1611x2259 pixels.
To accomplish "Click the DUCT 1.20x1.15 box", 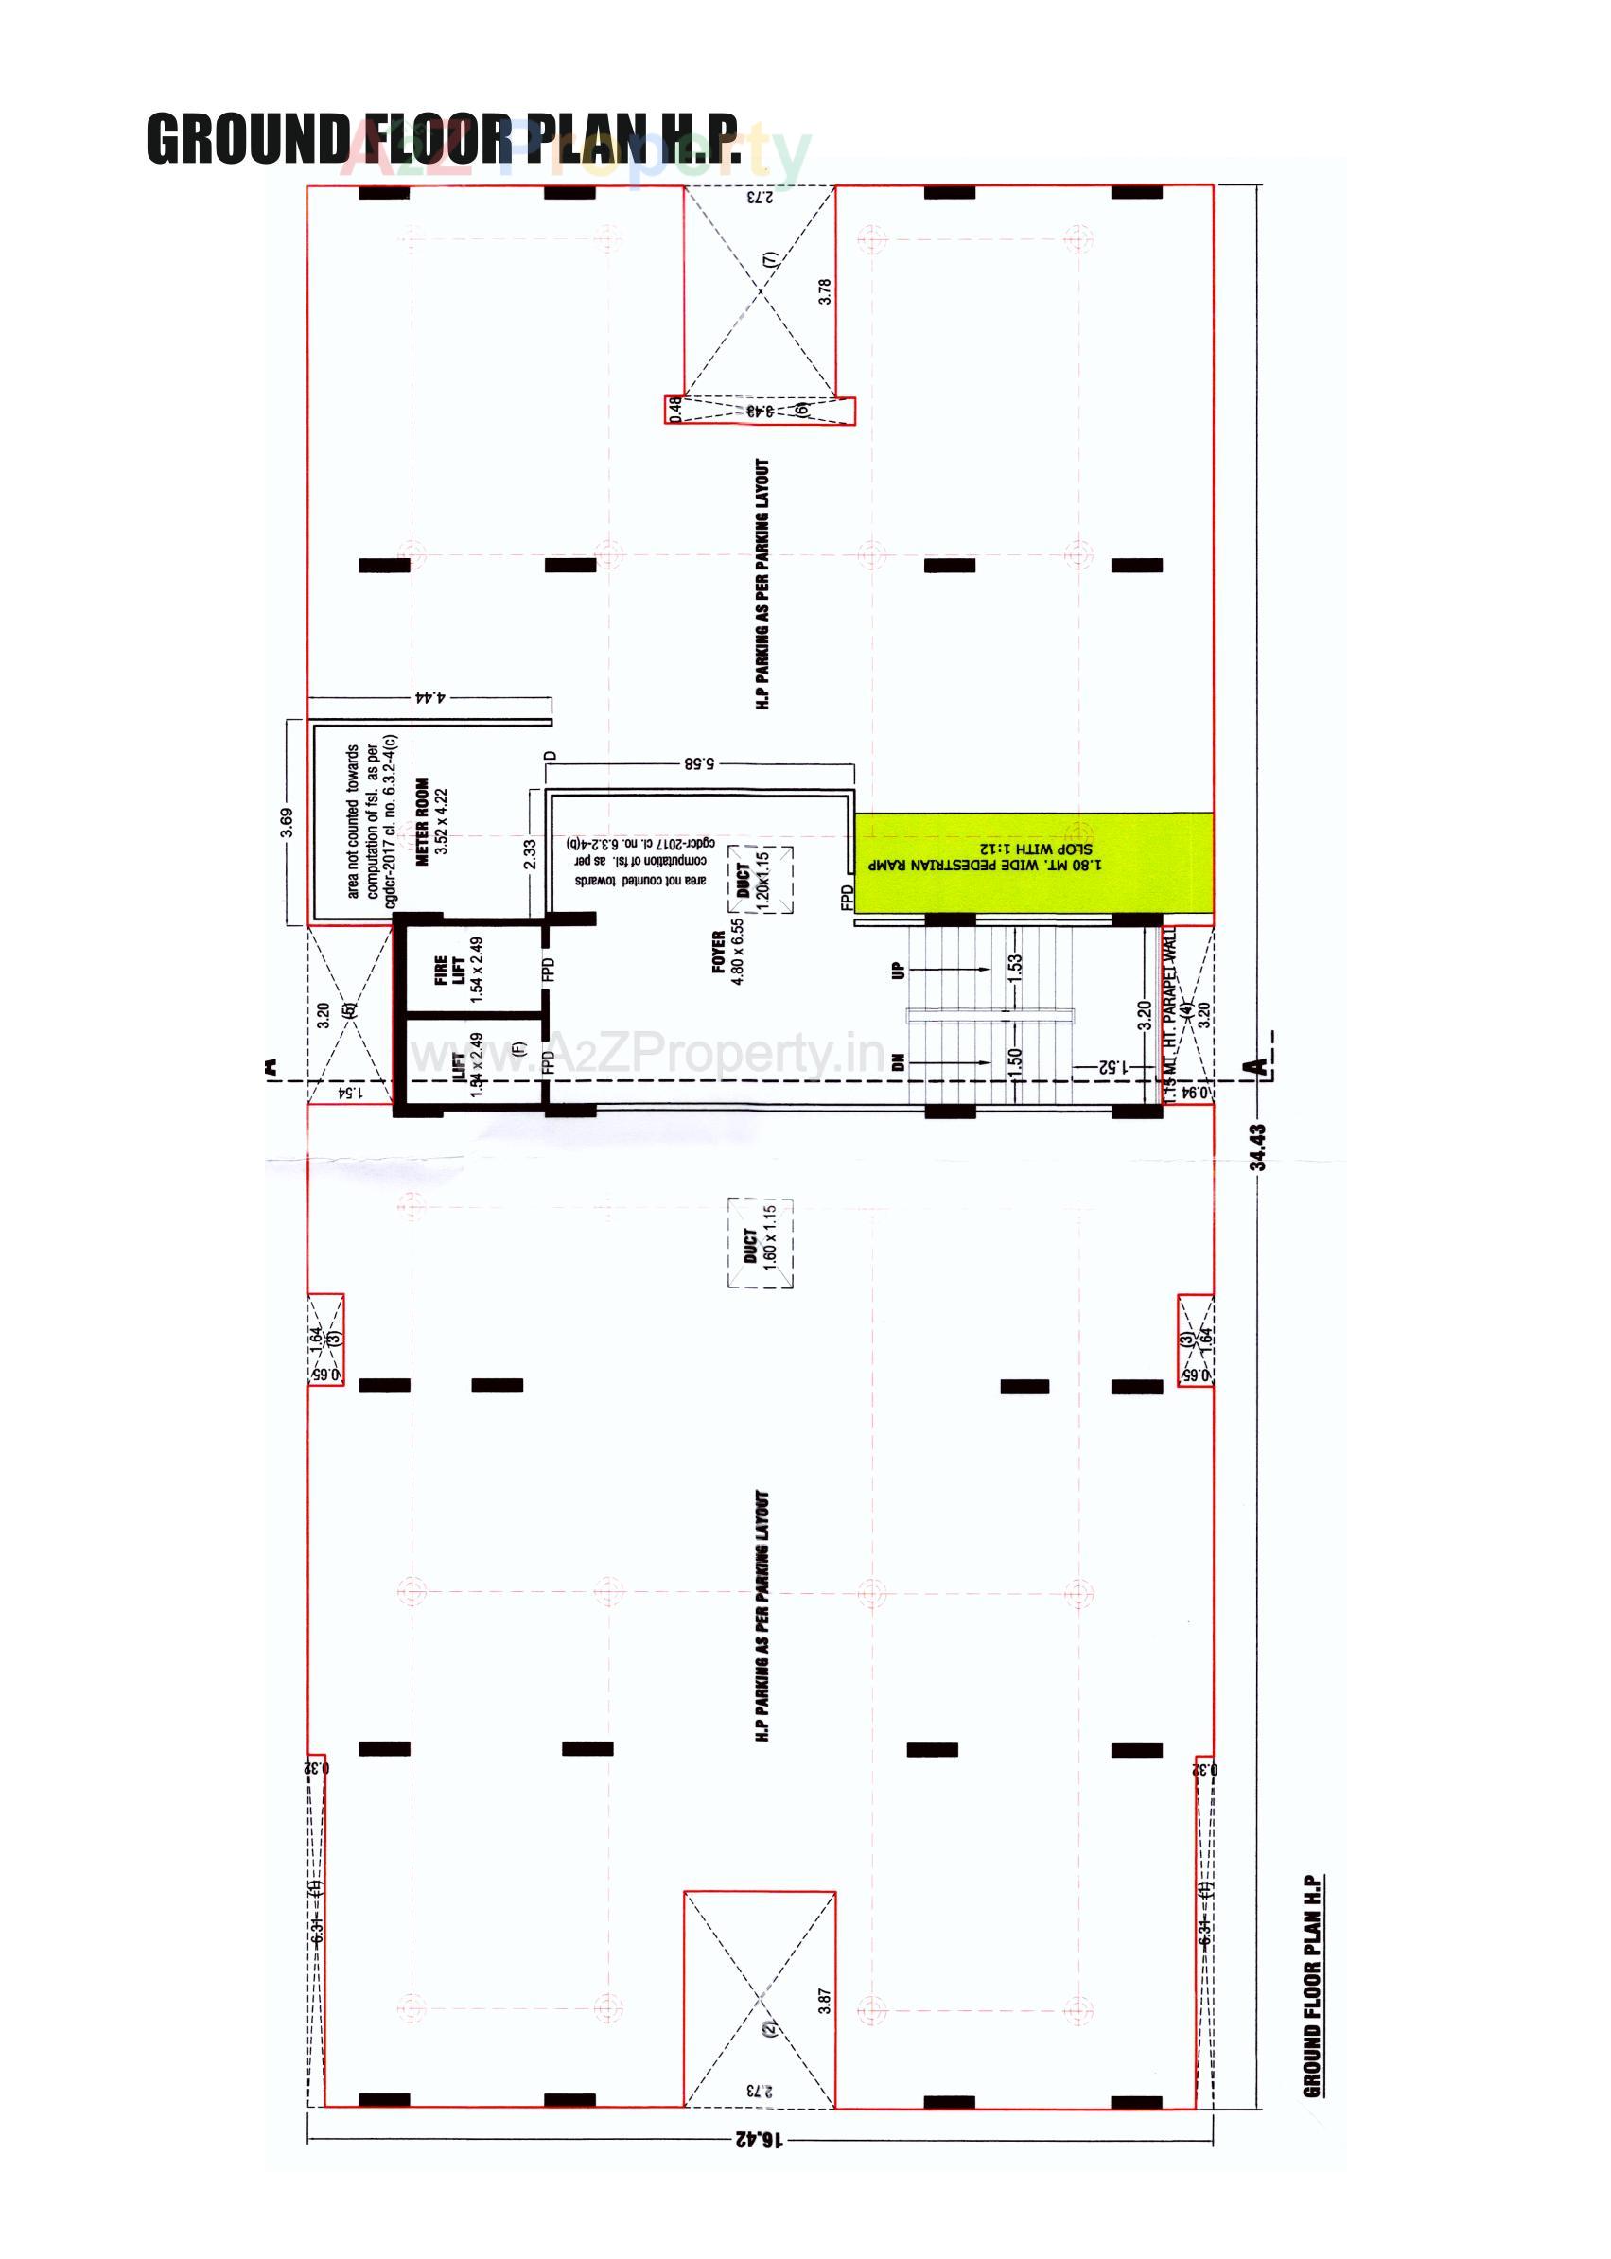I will [x=761, y=879].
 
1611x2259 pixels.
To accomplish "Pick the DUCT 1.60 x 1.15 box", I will [x=761, y=1244].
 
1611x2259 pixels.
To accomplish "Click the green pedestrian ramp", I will [x=1034, y=862].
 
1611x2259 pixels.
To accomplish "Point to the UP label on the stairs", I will [x=899, y=970].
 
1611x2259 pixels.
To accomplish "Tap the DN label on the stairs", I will [x=899, y=1062].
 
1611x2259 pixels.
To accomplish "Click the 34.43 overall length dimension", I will [x=1258, y=1147].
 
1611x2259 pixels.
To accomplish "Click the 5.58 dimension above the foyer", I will [x=699, y=764].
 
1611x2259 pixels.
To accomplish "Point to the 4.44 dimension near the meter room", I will [x=429, y=697].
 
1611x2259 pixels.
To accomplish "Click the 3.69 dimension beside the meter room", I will [x=287, y=822].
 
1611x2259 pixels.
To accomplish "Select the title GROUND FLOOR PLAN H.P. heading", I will [x=444, y=139].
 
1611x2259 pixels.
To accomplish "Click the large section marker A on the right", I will [x=1257, y=1067].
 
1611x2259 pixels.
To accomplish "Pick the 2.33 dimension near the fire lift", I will [x=531, y=854].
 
